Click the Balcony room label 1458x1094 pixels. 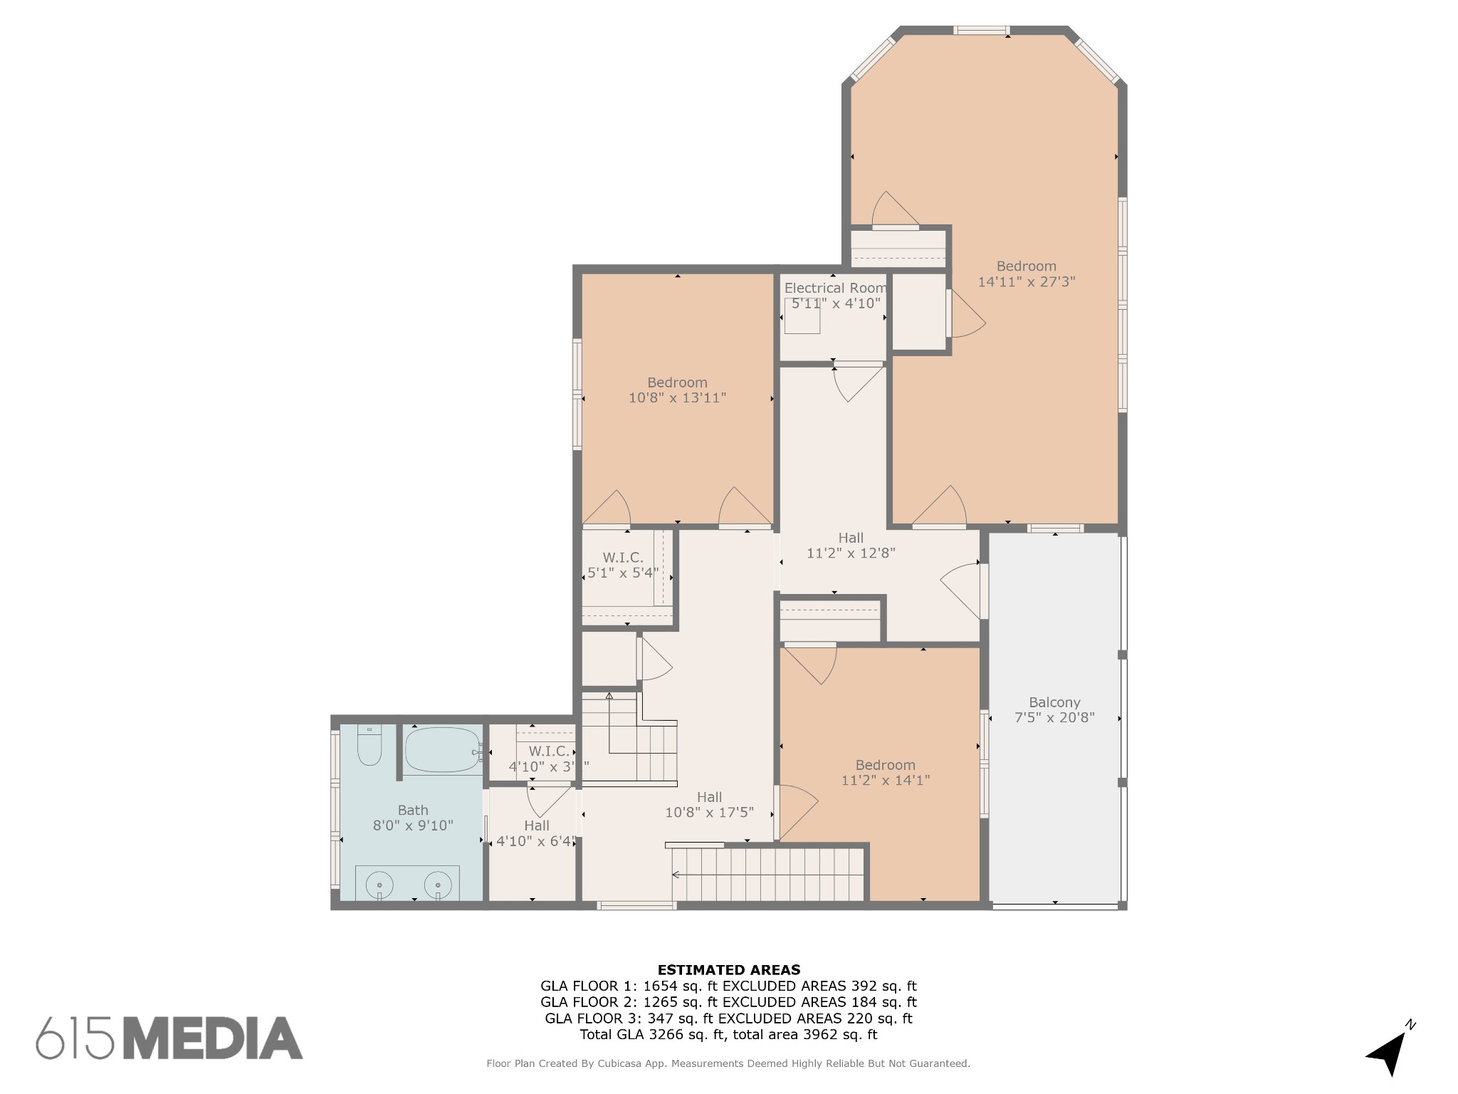pyautogui.click(x=1054, y=702)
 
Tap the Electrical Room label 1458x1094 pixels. pyautogui.click(x=836, y=288)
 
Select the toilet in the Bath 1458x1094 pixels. pyautogui.click(x=369, y=744)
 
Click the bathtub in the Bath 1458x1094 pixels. pyautogui.click(x=442, y=749)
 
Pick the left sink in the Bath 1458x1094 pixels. pyautogui.click(x=379, y=885)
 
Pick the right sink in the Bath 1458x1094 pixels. pyautogui.click(x=438, y=885)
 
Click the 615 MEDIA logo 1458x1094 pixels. pyautogui.click(x=169, y=1038)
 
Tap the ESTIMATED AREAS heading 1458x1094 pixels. pyautogui.click(x=729, y=970)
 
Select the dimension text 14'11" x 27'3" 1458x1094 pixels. pyautogui.click(x=1027, y=282)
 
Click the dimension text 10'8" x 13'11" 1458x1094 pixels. pyautogui.click(x=677, y=398)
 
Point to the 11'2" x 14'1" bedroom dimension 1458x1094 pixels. pyautogui.click(x=886, y=781)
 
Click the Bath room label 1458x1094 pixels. pyautogui.click(x=413, y=810)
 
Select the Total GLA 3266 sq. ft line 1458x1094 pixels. pyautogui.click(x=728, y=1035)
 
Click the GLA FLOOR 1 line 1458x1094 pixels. pyautogui.click(x=728, y=986)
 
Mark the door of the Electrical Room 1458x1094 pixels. pyautogui.click(x=859, y=382)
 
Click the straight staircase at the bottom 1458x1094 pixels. pyautogui.click(x=769, y=875)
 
